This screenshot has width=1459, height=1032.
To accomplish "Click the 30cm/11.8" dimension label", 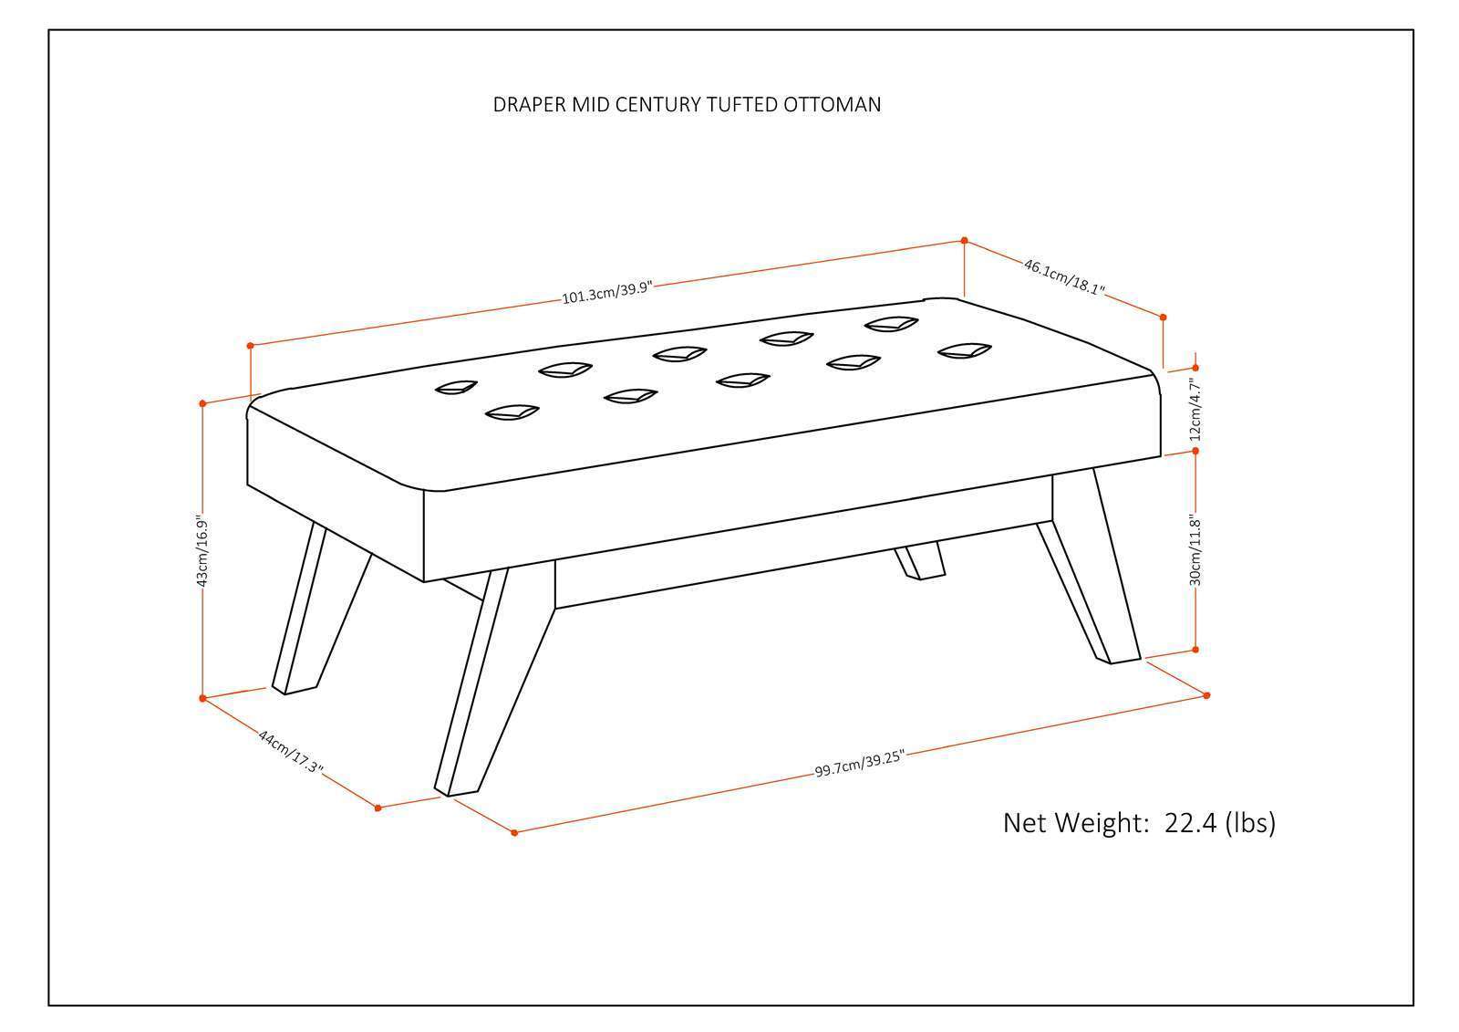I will pyautogui.click(x=1196, y=551).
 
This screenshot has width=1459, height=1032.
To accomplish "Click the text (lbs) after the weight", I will pyautogui.click(x=1250, y=822).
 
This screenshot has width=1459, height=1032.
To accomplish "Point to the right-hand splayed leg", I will pyautogui.click(x=1093, y=575).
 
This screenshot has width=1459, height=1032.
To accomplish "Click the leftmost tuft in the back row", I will pyautogui.click(x=456, y=388).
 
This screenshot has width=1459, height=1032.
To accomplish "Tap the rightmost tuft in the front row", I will pyautogui.click(x=965, y=350).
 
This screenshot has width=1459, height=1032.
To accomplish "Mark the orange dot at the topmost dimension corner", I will pyautogui.click(x=965, y=241).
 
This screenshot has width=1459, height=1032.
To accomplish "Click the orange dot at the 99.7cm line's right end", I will pyautogui.click(x=1206, y=695).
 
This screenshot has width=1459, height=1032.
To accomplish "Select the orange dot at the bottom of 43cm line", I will pyautogui.click(x=202, y=698).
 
